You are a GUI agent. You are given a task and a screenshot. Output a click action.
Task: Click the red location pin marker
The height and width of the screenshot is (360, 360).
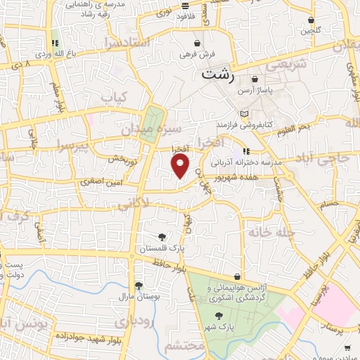[x=181, y=166]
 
